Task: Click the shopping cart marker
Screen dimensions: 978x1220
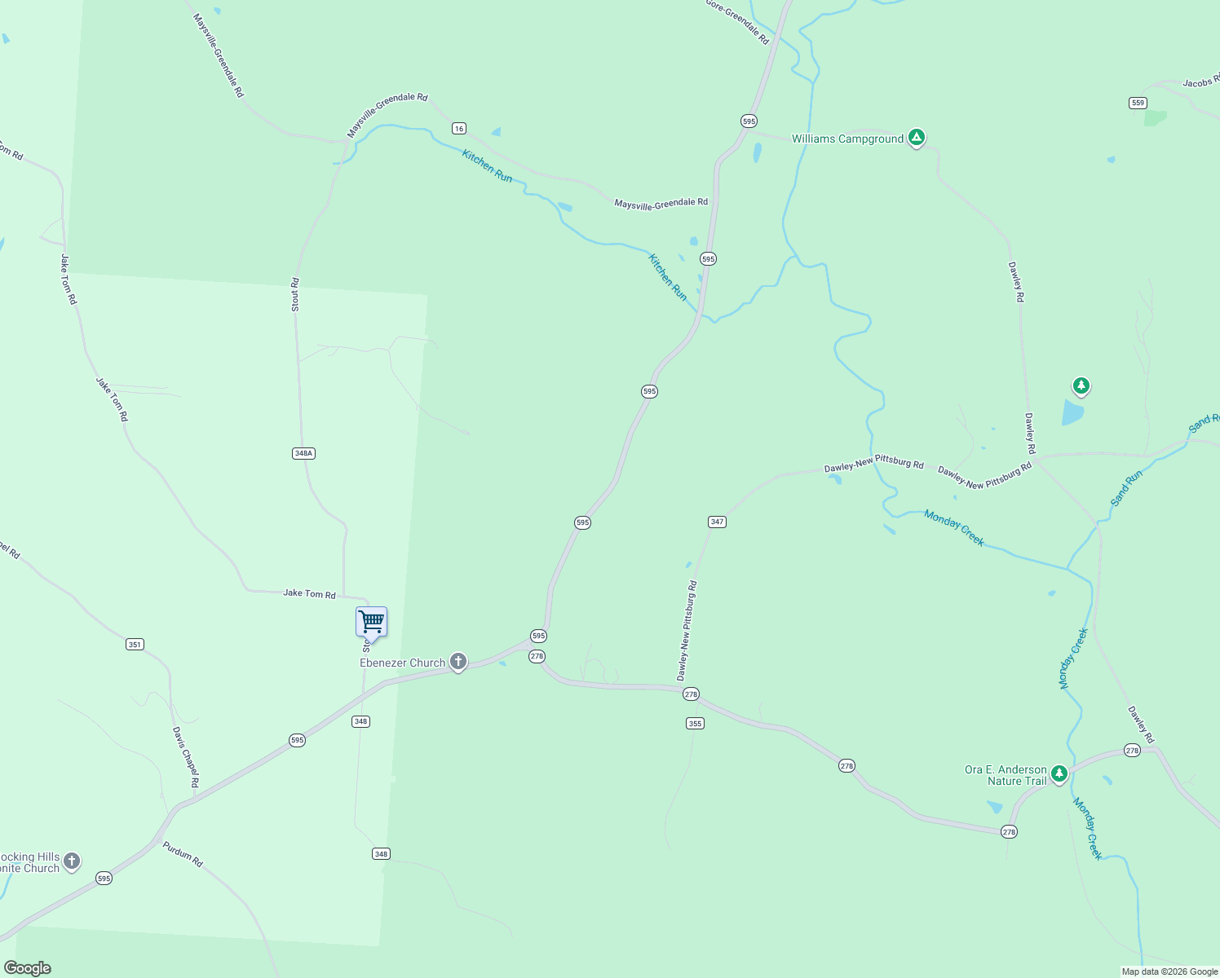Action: [371, 622]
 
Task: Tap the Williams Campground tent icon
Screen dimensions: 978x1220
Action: [917, 138]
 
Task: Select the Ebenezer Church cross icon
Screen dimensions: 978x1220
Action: [458, 662]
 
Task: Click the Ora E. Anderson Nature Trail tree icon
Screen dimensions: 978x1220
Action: [1059, 773]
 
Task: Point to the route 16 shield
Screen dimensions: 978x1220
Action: [459, 128]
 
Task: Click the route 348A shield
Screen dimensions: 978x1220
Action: [303, 453]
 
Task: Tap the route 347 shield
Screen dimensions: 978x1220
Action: [717, 522]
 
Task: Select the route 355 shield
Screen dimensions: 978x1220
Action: [695, 723]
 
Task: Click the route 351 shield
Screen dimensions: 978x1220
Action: [135, 644]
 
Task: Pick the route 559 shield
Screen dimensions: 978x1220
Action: [1138, 103]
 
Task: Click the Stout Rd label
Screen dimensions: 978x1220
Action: [295, 294]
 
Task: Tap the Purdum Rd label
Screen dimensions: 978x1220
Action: [183, 853]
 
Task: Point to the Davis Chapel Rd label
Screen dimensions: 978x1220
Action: [185, 757]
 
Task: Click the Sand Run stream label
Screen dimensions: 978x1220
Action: [1126, 487]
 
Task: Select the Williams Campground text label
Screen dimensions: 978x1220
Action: [847, 139]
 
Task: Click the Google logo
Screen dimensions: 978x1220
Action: [28, 968]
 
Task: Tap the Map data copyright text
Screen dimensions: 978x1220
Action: [1169, 971]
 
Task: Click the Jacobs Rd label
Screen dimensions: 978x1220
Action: [1200, 83]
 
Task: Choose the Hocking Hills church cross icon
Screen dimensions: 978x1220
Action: [72, 861]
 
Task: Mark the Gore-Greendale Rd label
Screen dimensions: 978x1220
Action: [737, 21]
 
